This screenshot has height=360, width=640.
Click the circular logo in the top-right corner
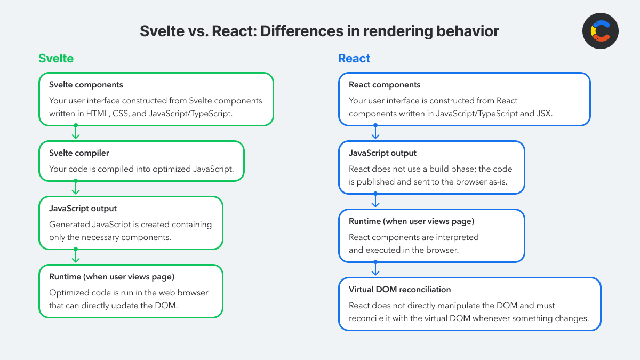601,31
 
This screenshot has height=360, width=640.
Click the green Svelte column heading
56,58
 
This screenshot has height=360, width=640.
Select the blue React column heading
354,58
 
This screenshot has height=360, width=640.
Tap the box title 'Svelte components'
86,85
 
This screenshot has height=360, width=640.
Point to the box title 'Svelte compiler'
79,153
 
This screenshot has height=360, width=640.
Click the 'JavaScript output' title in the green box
83,209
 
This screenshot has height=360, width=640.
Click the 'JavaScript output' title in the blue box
382,153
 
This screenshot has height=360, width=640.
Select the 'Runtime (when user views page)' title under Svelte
112,277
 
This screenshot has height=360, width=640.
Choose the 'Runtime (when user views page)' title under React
411,221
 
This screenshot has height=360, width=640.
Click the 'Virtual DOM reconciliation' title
399,290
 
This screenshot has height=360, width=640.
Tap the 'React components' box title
385,85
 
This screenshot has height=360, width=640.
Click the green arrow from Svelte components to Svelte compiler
76,133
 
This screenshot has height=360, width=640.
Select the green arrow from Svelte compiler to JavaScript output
76,188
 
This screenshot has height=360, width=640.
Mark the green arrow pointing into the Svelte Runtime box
76,257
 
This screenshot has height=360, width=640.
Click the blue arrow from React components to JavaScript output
375,133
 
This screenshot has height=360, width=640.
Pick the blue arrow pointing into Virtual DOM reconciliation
375,269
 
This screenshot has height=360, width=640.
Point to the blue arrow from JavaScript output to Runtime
375,201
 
